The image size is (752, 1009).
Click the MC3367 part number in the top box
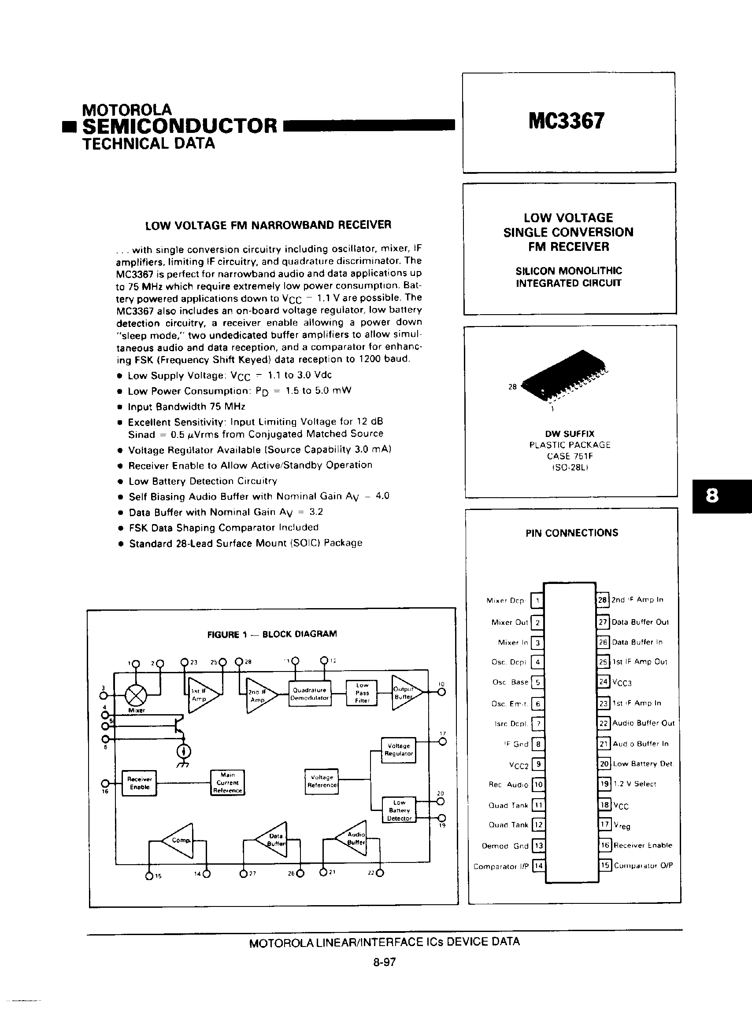(566, 121)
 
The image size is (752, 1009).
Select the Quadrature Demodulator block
(310, 693)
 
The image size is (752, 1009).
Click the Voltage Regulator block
(398, 750)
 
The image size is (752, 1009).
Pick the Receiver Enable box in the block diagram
(139, 783)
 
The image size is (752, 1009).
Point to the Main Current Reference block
(227, 782)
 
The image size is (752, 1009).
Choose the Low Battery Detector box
(399, 810)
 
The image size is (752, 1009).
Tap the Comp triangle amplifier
(179, 840)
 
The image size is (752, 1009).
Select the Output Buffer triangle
(405, 693)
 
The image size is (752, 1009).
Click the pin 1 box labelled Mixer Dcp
(537, 601)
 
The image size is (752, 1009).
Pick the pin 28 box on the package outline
(602, 600)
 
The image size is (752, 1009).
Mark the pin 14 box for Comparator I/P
(538, 866)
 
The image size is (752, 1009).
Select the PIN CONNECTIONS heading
(572, 532)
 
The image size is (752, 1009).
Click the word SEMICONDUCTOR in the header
(180, 125)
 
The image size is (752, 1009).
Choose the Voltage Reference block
(322, 781)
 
